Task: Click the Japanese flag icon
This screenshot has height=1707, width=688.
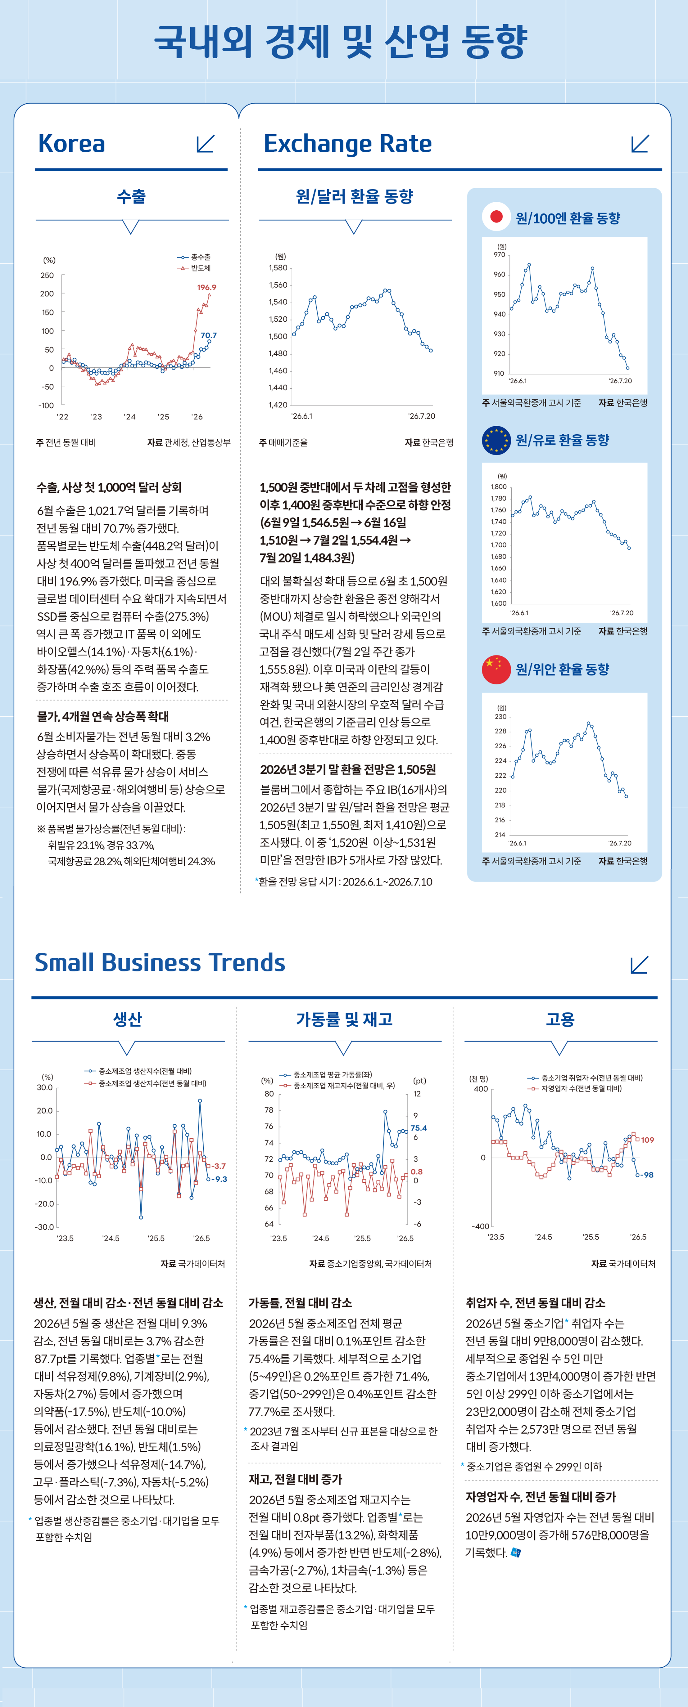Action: click(x=496, y=217)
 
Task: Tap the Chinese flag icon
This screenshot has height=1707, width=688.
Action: click(x=496, y=669)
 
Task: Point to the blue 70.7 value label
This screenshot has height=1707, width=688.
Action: click(x=209, y=335)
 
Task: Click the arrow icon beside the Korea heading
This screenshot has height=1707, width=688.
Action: click(x=206, y=144)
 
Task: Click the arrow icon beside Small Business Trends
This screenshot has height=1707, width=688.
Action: click(x=639, y=965)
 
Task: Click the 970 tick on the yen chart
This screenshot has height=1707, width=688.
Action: click(x=499, y=254)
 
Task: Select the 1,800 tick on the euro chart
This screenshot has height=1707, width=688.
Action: click(x=498, y=486)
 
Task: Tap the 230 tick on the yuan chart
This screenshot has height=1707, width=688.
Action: click(x=500, y=716)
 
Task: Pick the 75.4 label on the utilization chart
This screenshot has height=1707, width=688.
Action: click(x=419, y=1128)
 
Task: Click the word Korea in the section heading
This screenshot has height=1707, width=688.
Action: click(x=72, y=144)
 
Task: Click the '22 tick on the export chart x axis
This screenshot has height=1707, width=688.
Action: click(x=62, y=417)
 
